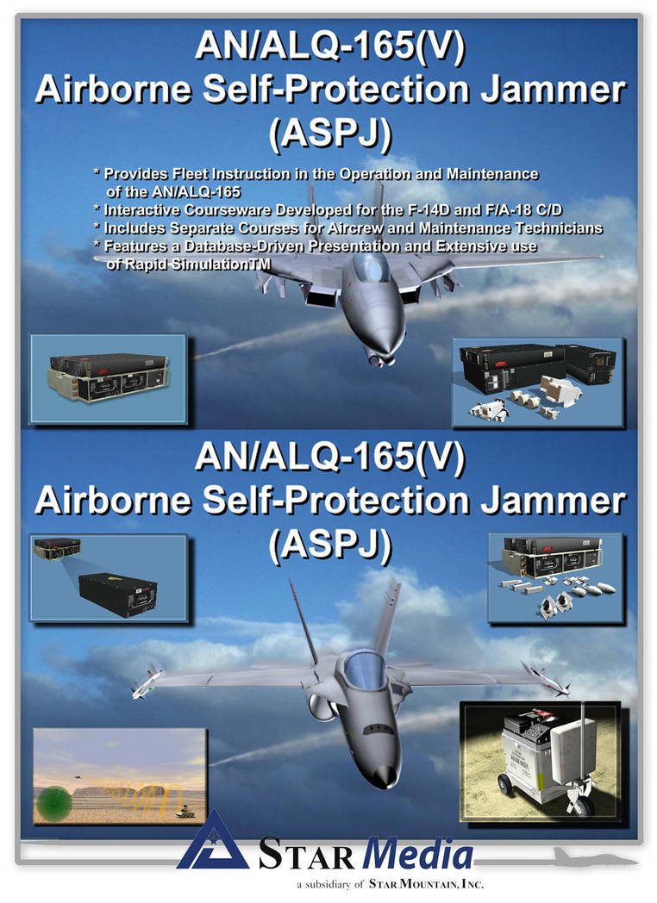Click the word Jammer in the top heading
pos(554,91)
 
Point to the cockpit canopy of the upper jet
pos(371,268)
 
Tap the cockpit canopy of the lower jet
pos(364,669)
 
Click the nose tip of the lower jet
pos(385,777)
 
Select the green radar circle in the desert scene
pos(53,803)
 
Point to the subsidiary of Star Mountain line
pos(390,885)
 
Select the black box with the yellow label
pos(118,595)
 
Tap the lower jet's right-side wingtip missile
pos(545,678)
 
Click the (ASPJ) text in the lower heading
pos(330,545)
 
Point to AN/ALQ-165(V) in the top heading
pos(330,46)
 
